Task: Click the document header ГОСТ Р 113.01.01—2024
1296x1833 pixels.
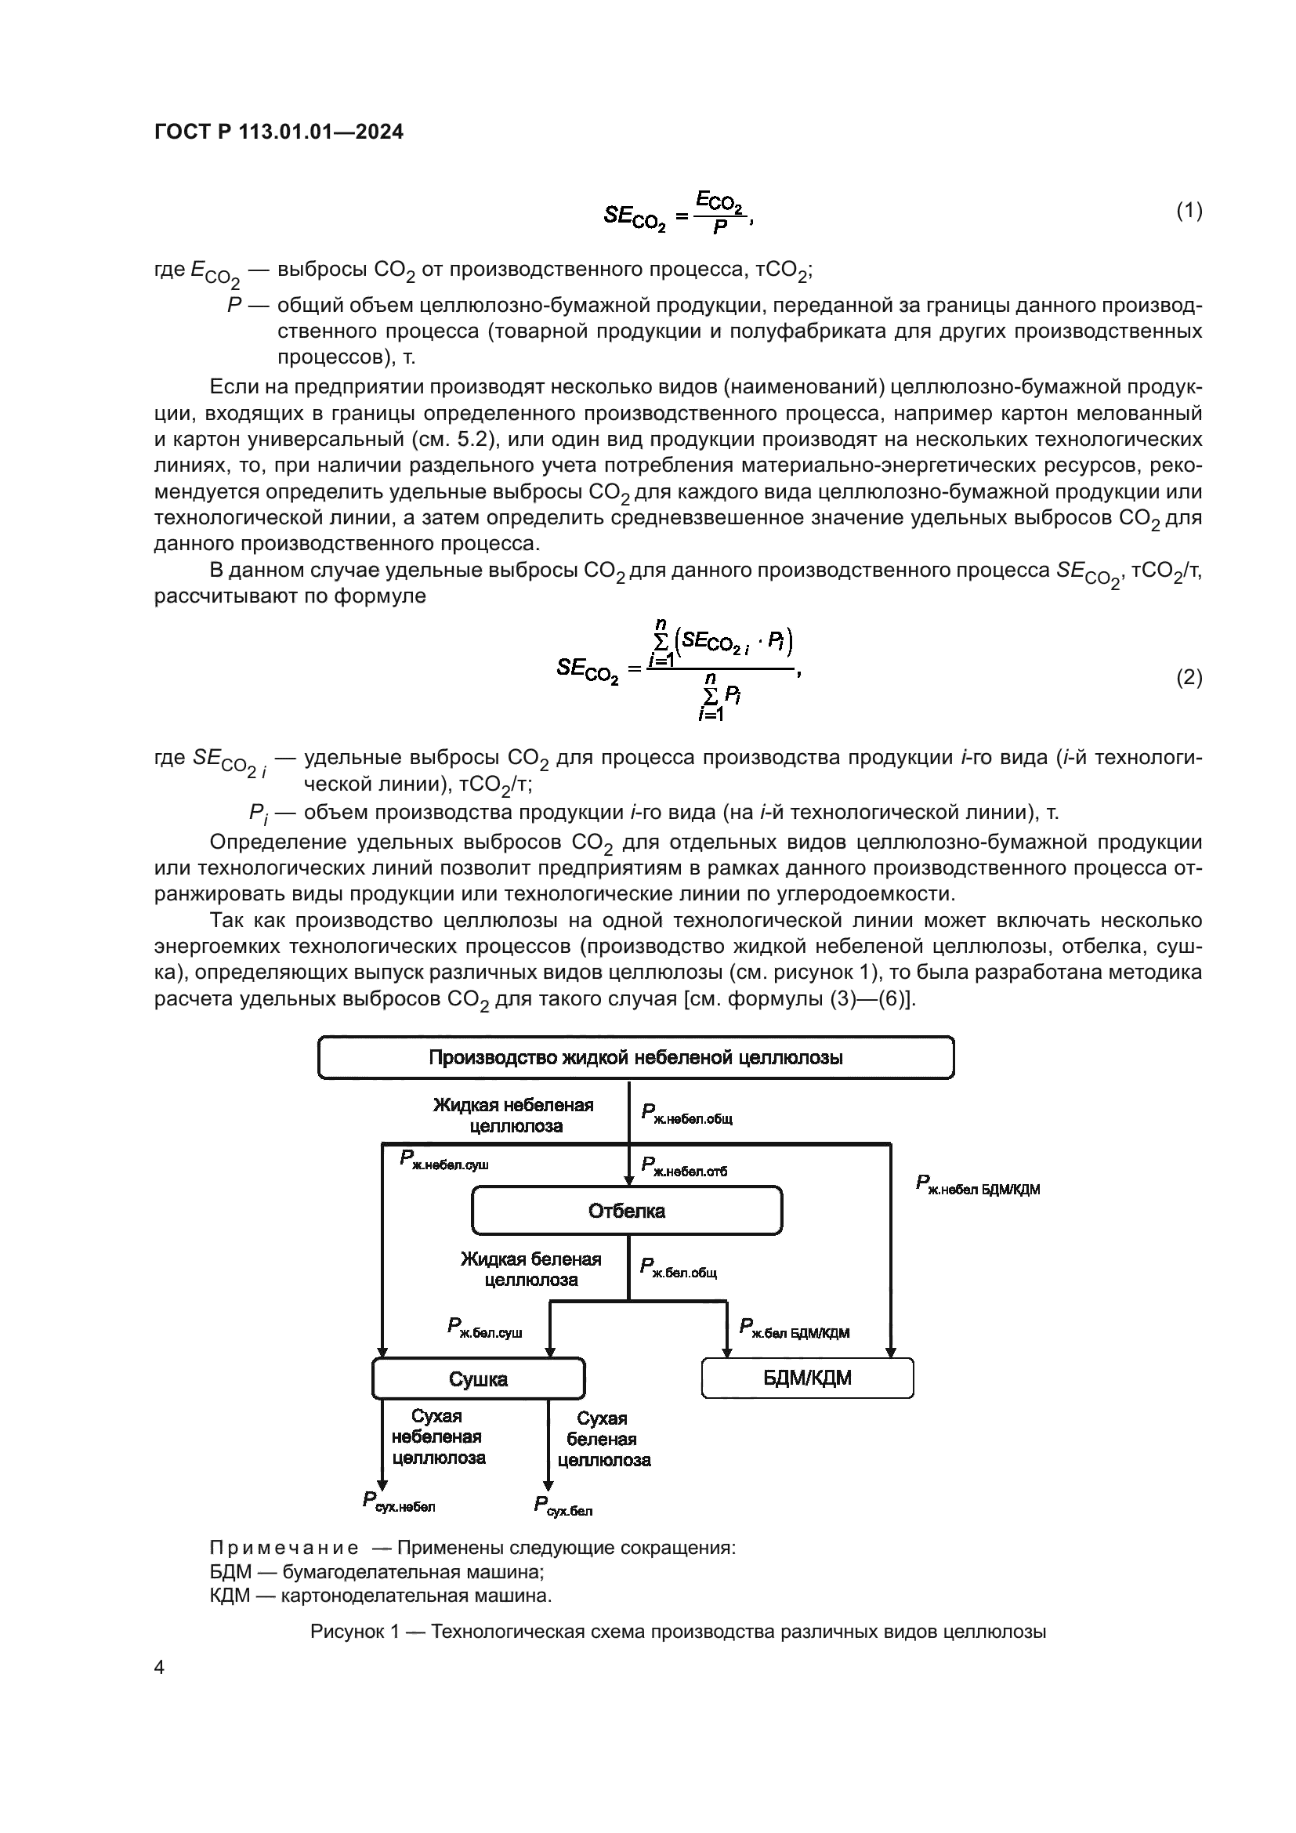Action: [x=278, y=132]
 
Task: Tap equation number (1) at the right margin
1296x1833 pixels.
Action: [x=1189, y=211]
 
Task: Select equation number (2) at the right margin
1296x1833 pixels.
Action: [x=1189, y=677]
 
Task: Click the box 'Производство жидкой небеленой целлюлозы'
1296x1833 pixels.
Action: [x=636, y=1058]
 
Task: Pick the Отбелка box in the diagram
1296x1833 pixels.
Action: [x=627, y=1211]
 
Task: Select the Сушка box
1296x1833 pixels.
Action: [x=478, y=1378]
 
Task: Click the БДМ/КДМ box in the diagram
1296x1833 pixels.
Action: [x=807, y=1378]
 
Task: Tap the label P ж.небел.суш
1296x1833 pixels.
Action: [x=443, y=1160]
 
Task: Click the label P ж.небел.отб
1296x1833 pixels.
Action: [x=684, y=1167]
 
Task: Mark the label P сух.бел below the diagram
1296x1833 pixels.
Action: [x=563, y=1506]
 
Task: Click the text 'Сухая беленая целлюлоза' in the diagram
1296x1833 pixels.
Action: [x=604, y=1440]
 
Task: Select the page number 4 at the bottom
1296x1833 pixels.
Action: [x=160, y=1667]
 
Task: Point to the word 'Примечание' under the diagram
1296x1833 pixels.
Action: [x=284, y=1548]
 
